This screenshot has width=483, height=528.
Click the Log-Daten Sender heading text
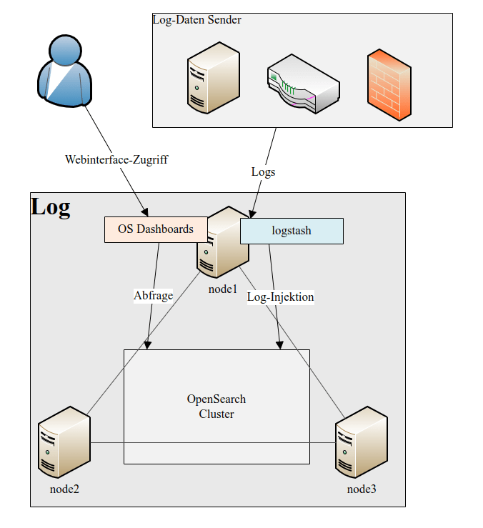197,20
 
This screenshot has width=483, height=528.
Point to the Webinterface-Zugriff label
116,159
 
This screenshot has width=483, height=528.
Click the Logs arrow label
263,171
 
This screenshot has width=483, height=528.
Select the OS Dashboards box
156,229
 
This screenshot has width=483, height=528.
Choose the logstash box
292,231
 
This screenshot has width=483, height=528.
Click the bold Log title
51,207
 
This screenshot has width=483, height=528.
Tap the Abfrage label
153,295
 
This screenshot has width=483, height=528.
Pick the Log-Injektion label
280,296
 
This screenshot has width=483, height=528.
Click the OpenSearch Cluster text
216,407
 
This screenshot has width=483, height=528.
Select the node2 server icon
64,441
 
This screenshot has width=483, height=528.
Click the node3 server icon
361,441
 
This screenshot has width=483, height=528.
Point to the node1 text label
222,289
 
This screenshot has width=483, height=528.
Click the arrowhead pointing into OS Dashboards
144,212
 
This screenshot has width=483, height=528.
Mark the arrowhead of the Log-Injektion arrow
279,345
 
